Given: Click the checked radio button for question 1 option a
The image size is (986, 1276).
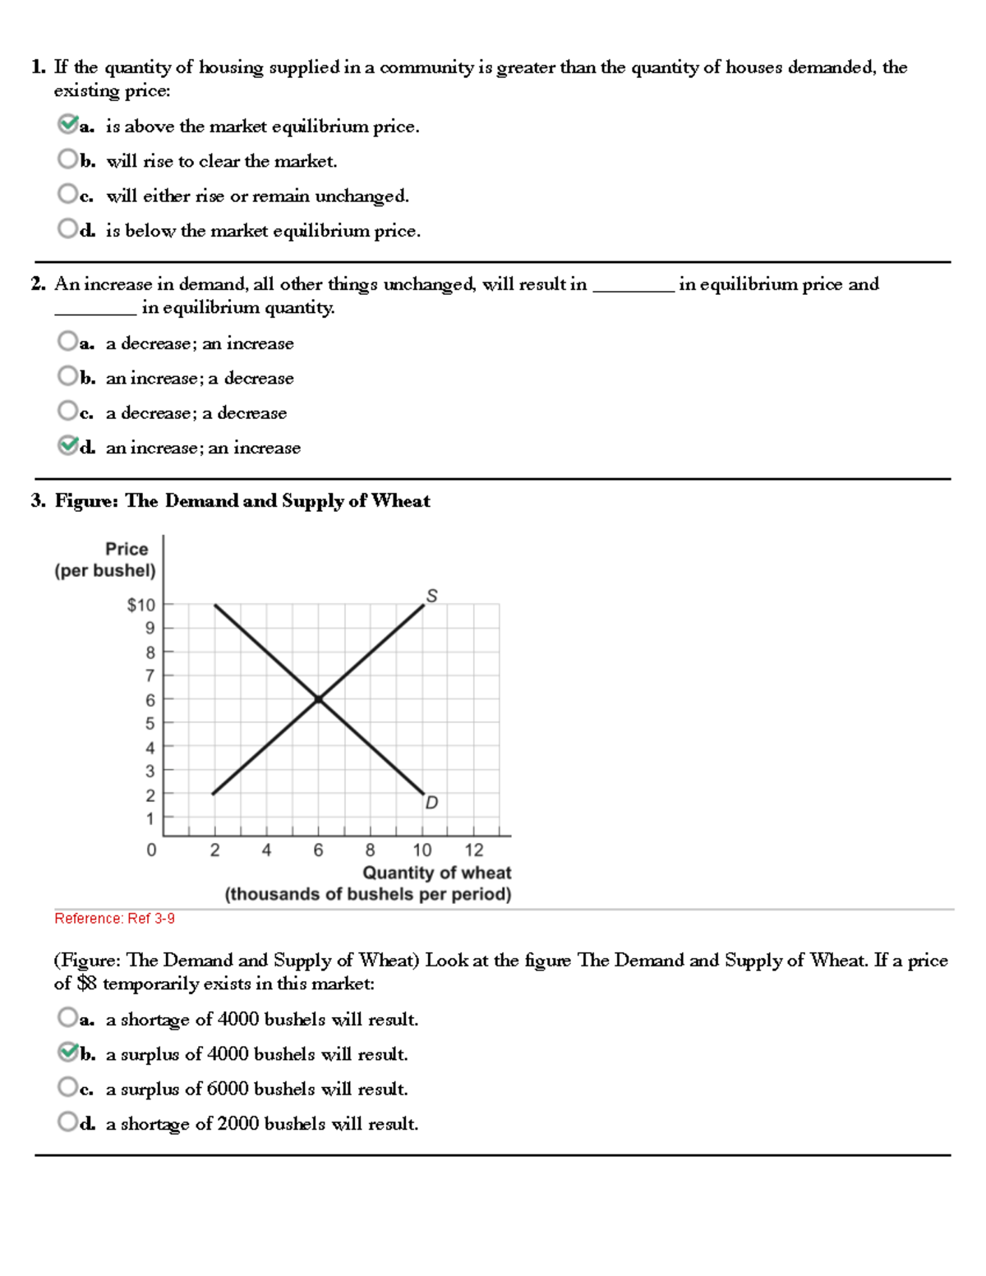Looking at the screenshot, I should (x=67, y=125).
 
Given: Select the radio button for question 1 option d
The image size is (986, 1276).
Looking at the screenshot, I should (x=67, y=228).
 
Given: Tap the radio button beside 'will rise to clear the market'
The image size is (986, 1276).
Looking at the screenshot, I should (x=67, y=159).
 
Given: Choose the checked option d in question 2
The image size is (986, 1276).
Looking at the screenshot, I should (x=67, y=446).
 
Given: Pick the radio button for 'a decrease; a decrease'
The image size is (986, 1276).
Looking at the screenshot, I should (x=67, y=411).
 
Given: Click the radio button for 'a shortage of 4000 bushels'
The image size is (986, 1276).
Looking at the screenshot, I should (x=67, y=1018).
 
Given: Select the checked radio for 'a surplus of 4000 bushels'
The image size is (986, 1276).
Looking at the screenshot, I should (x=67, y=1052).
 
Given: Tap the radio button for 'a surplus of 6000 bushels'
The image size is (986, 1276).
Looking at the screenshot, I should (x=67, y=1087).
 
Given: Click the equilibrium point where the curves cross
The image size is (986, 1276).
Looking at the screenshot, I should (x=319, y=699).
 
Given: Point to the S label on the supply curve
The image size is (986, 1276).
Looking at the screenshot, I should (x=431, y=595).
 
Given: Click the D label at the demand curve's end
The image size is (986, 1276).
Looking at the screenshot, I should (x=431, y=802).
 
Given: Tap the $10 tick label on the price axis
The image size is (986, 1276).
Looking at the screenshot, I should (x=141, y=605).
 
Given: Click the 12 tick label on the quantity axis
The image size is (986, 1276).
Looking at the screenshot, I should (x=474, y=850).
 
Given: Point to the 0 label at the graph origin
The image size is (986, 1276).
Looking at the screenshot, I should (x=151, y=850).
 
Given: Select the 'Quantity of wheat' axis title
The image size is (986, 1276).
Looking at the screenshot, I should (x=436, y=873).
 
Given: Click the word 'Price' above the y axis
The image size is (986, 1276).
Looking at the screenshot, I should (x=127, y=549).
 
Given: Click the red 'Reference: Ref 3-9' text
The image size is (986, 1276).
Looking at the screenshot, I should (x=114, y=919).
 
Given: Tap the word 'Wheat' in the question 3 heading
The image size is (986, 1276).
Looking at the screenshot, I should (x=400, y=500).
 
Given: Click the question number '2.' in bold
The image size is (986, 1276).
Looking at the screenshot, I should (x=38, y=284).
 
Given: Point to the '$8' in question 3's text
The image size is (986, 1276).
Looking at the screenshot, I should (x=87, y=983).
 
